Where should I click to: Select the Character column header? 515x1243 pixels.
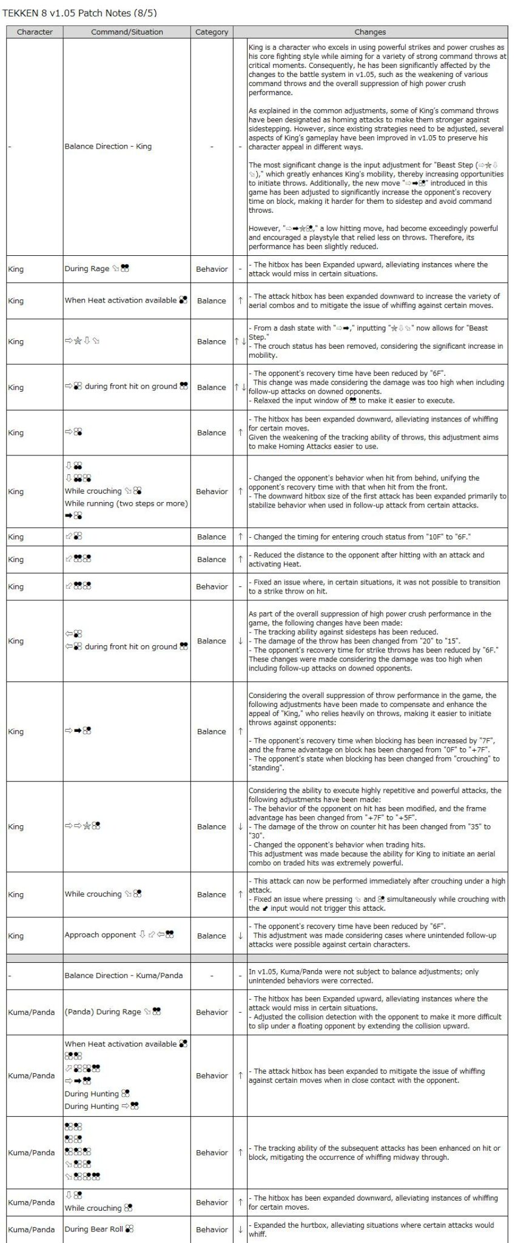pos(35,32)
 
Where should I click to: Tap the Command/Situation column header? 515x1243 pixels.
pos(127,32)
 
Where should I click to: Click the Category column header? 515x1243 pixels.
pos(212,32)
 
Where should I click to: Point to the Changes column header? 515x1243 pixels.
pos(370,32)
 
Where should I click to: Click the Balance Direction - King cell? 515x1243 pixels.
pos(108,146)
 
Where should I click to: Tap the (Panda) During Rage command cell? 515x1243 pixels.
pos(113,1011)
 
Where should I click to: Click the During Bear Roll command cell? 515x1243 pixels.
pos(99,1228)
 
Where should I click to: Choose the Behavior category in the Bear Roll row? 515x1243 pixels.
pos(212,1229)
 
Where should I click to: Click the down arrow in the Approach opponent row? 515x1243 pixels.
pos(240,936)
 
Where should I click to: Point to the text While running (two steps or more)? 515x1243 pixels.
pos(126,503)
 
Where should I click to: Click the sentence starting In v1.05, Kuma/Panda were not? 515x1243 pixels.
pos(363,971)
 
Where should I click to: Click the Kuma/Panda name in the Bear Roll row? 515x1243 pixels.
pos(32,1229)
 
